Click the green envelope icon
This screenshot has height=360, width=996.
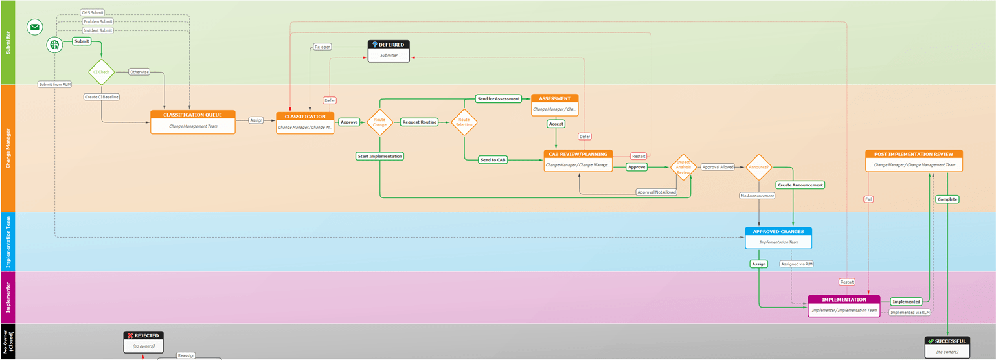coord(35,27)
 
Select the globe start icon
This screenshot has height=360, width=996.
coord(54,45)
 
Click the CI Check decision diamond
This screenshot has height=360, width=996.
coord(101,72)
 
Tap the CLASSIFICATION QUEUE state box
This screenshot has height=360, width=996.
coord(192,122)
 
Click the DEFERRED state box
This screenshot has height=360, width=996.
coord(389,51)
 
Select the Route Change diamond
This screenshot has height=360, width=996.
coord(379,122)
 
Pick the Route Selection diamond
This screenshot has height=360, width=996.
coord(464,122)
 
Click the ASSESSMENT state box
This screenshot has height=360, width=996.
coord(554,105)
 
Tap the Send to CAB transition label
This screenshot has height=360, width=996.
coord(493,159)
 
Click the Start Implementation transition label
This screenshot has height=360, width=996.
coord(379,156)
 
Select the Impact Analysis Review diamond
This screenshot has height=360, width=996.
coord(683,167)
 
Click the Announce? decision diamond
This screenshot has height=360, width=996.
coord(758,167)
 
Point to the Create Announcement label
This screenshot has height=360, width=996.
coord(800,185)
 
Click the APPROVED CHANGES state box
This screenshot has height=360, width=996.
coord(778,238)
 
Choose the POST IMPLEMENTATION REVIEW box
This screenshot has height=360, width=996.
coord(914,160)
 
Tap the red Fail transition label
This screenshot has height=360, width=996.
coord(868,199)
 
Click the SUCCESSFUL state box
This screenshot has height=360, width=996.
coord(947,347)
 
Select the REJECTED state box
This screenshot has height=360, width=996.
coord(143,341)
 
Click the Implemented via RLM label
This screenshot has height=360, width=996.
coord(909,313)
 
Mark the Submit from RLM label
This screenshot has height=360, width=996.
coord(55,84)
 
